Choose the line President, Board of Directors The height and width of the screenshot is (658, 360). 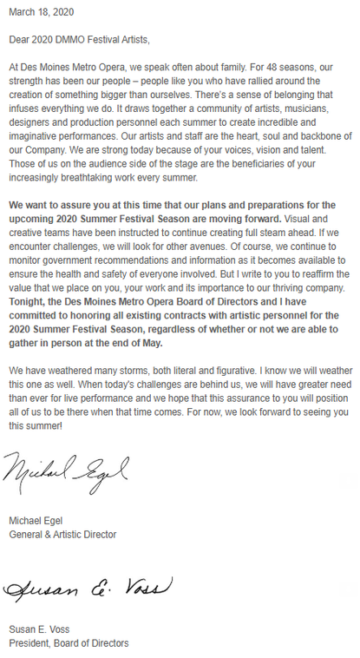[69, 643]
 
